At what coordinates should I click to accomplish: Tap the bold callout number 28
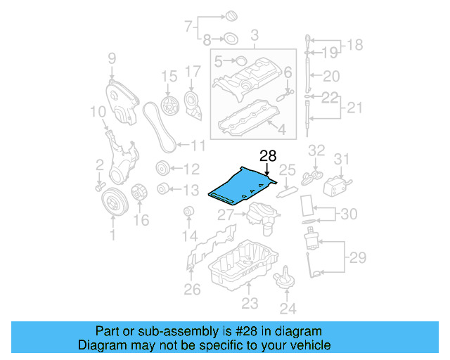point(268,156)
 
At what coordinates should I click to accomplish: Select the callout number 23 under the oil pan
point(250,304)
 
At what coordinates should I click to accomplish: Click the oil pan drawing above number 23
point(241,267)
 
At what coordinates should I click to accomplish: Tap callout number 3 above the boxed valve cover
point(254,34)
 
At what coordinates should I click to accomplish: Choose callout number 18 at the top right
point(356,45)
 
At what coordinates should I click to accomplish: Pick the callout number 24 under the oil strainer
point(288,307)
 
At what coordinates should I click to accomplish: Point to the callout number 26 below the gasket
point(192,288)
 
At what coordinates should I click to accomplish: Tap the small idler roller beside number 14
point(188,212)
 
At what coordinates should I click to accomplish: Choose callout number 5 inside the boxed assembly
point(219,62)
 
